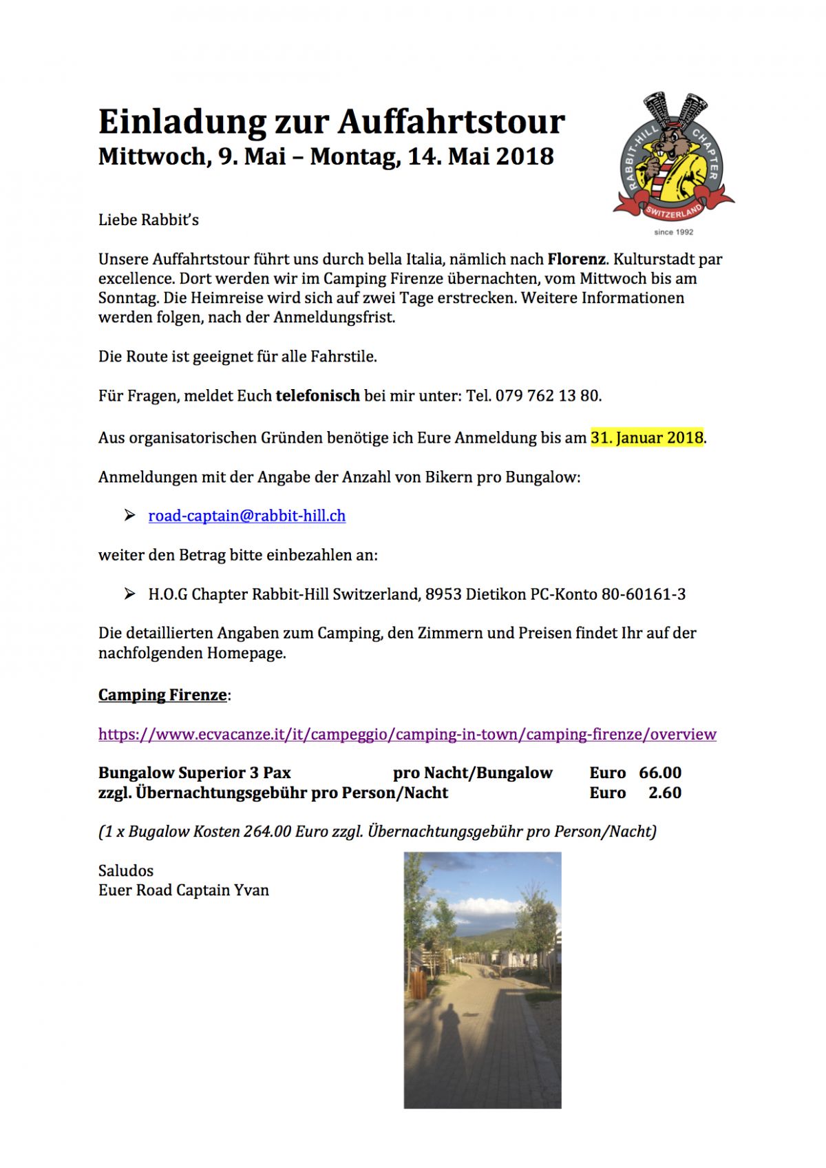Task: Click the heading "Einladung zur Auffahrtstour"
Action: click(331, 122)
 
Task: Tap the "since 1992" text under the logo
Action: click(673, 232)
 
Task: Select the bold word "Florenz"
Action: click(576, 260)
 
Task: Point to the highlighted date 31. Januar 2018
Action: click(646, 438)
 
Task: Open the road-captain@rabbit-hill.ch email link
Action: click(246, 516)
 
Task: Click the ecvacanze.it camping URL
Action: click(407, 734)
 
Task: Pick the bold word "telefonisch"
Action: click(317, 396)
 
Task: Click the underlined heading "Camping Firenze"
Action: click(162, 695)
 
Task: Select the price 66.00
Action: click(659, 773)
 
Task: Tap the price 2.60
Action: click(664, 793)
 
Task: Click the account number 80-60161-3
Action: click(643, 594)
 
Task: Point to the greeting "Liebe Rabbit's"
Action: click(149, 220)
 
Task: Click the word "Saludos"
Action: click(126, 870)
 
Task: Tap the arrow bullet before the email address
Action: click(129, 515)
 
